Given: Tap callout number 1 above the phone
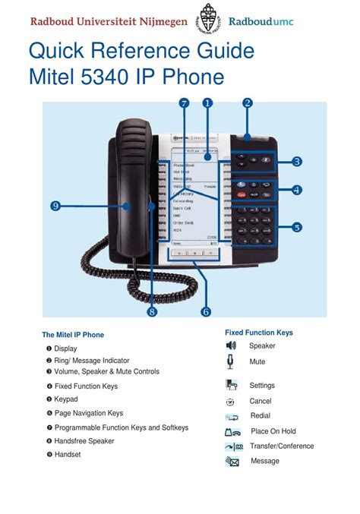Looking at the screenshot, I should (x=207, y=103).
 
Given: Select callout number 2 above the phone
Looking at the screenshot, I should (x=247, y=103).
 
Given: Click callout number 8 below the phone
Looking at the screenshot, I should (x=152, y=311).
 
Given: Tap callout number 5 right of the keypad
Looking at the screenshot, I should (x=296, y=226).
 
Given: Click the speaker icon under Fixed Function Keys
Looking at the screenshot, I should (x=232, y=346).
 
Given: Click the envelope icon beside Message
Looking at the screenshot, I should (x=232, y=462).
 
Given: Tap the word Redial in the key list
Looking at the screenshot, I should (x=261, y=416).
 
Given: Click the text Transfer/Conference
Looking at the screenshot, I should (x=282, y=446).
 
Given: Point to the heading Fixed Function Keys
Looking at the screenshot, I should (x=258, y=333).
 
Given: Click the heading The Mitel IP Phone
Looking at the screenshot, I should (x=73, y=335).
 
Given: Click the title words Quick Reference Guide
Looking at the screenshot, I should (x=141, y=52).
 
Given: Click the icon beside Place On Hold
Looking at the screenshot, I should (x=232, y=432).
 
